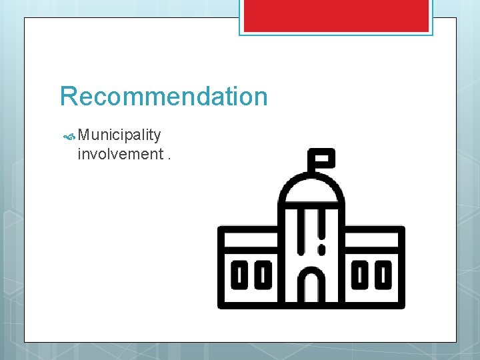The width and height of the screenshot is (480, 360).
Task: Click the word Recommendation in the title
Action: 163,97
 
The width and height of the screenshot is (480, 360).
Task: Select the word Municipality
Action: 119,135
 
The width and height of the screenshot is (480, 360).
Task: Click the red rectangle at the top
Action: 335,15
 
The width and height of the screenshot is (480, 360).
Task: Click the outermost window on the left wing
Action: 239,275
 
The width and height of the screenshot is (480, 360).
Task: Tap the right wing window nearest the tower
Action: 360,275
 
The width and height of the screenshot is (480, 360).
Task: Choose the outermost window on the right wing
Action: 383,275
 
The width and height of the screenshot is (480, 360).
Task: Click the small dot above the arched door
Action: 321,250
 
